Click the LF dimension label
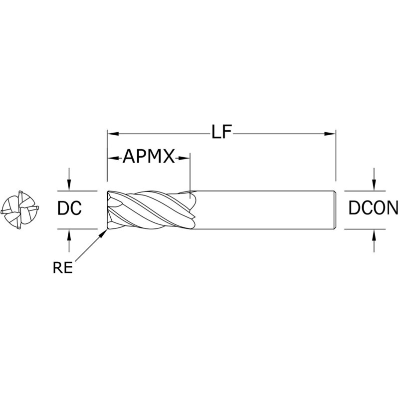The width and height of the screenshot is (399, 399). click(x=221, y=132)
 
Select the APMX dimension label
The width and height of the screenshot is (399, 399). click(x=149, y=156)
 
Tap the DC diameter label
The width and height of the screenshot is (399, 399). click(x=69, y=208)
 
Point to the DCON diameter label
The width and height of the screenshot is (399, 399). click(x=373, y=208)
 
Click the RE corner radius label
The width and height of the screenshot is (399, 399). click(x=63, y=268)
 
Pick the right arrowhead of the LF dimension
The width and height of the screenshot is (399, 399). click(x=330, y=134)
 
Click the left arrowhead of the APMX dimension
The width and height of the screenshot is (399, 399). click(x=114, y=158)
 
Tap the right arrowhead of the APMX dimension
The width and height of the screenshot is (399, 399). click(x=184, y=158)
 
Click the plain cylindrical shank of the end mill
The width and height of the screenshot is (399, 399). click(x=265, y=210)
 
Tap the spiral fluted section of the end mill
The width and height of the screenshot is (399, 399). click(x=151, y=210)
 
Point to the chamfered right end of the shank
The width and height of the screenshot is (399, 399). click(x=335, y=210)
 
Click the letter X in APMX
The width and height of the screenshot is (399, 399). click(x=169, y=156)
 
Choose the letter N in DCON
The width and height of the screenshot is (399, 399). click(x=392, y=208)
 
